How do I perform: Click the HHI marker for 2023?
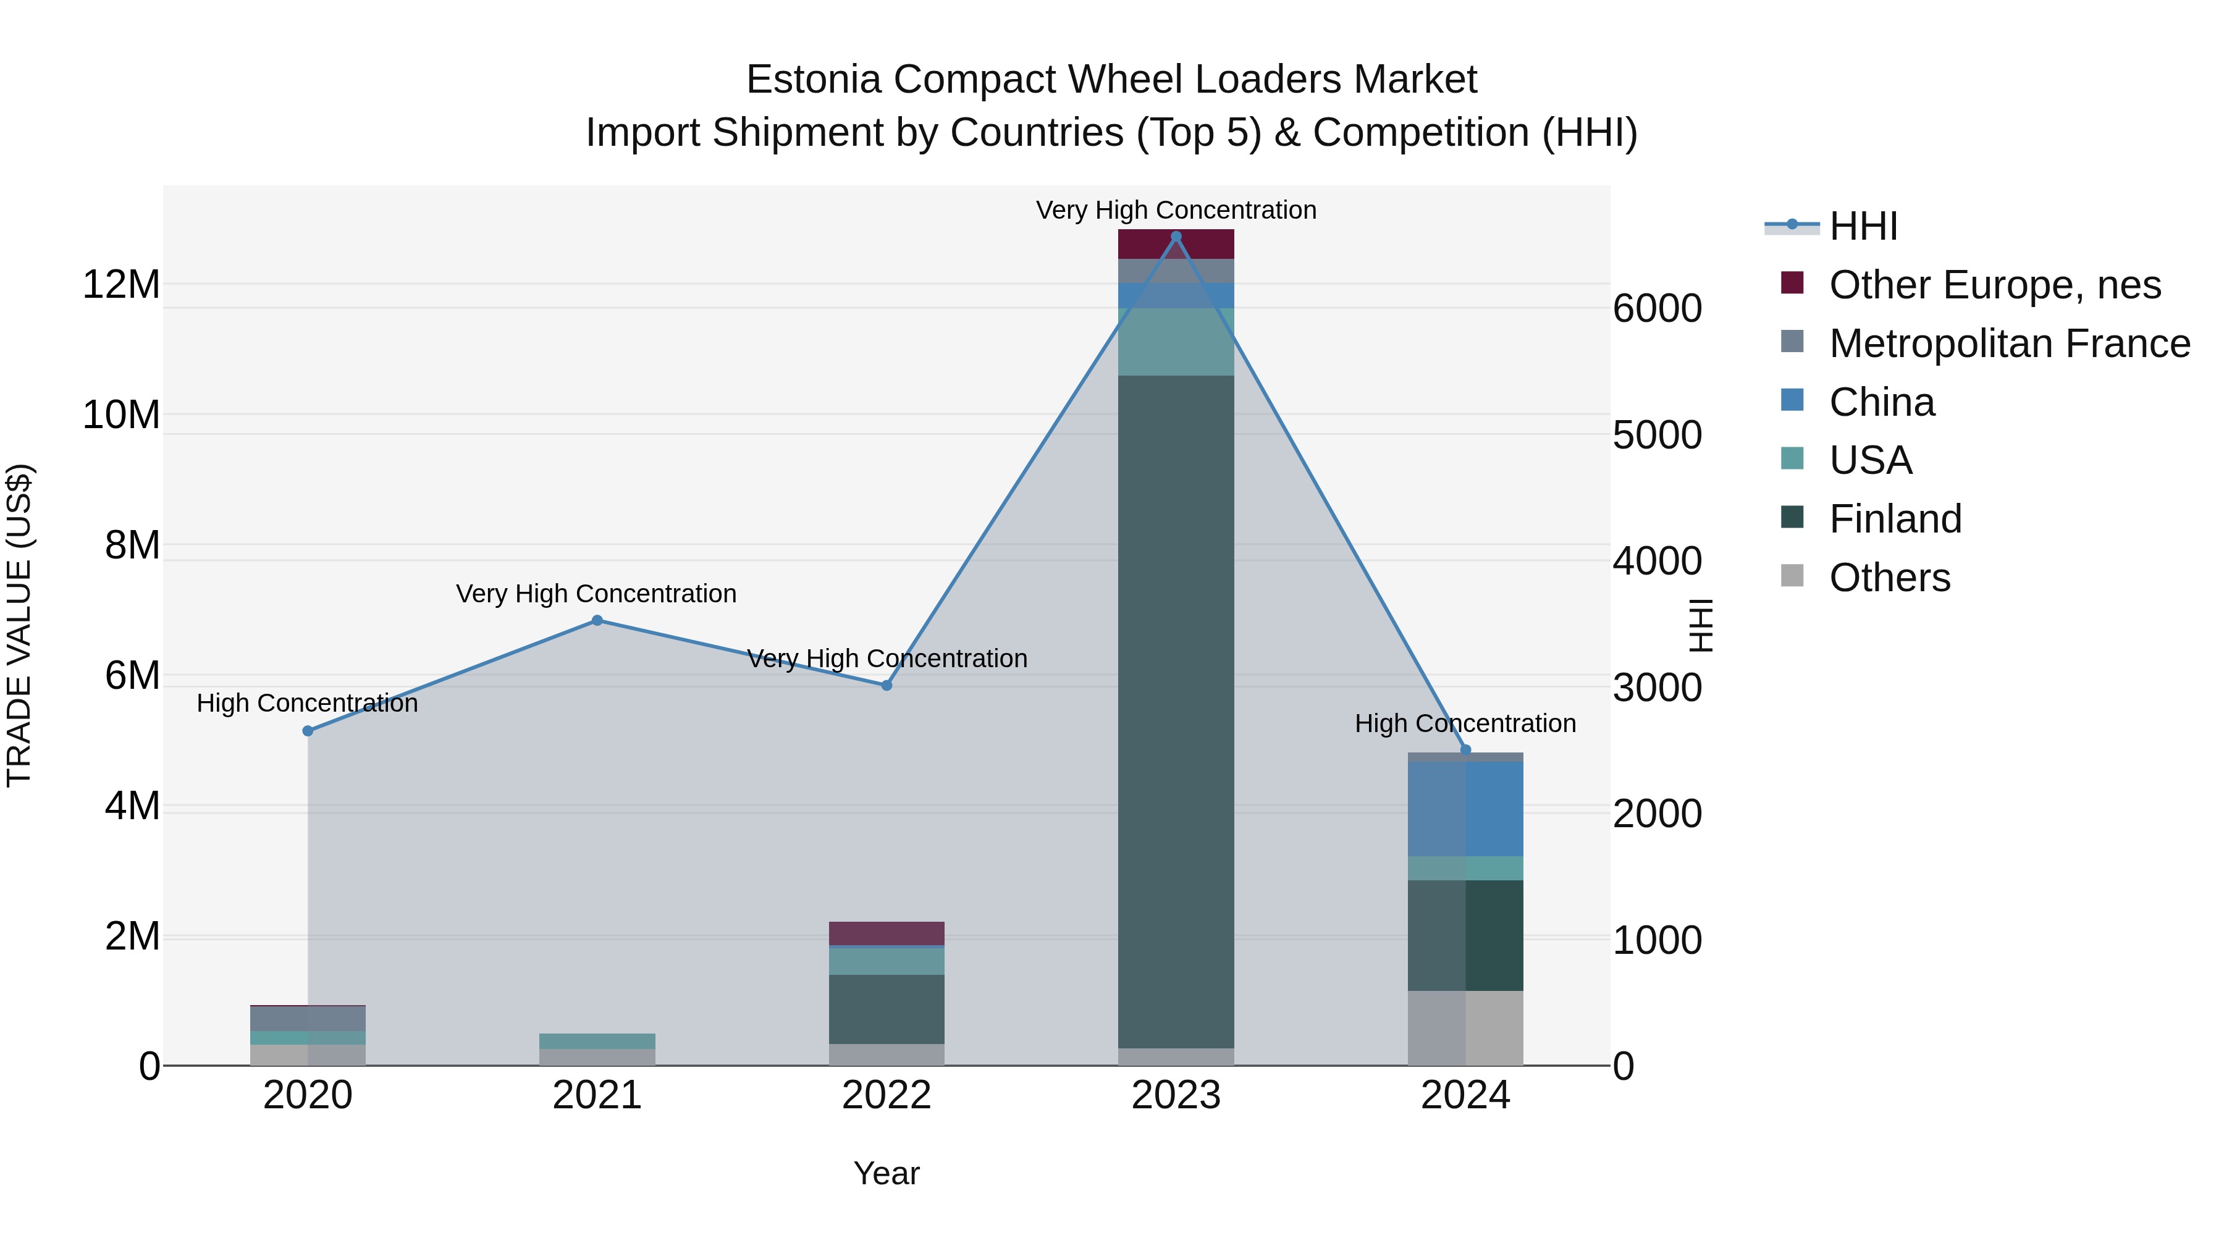click(1175, 237)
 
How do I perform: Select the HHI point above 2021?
click(597, 620)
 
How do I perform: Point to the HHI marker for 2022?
click(886, 686)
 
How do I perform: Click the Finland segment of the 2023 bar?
click(1175, 708)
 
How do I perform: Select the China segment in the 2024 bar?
click(1465, 808)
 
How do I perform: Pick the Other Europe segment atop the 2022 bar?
click(886, 933)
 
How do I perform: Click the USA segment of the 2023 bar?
click(1175, 342)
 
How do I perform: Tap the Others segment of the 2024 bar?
click(1465, 1027)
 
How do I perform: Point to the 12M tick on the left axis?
click(121, 285)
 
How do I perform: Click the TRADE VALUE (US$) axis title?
click(19, 625)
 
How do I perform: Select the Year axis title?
click(886, 1173)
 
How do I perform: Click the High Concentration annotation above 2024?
click(1465, 723)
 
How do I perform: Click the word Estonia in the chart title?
click(813, 80)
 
